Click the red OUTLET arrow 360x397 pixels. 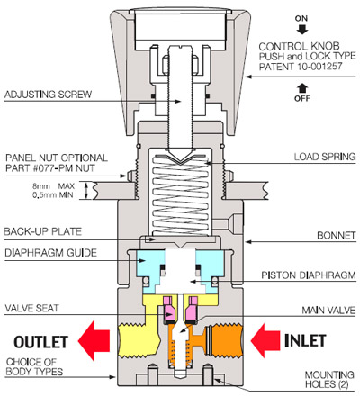coord(94,340)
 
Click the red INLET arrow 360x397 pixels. coord(265,340)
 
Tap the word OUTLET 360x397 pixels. coord(41,342)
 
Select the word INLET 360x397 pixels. coord(305,340)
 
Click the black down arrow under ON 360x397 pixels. coord(302,30)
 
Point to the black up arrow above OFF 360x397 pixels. coord(302,88)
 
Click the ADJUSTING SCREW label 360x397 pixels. coord(48,95)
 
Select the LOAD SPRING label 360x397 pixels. coord(325,157)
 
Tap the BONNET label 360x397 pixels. coord(337,236)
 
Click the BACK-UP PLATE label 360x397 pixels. coord(43,231)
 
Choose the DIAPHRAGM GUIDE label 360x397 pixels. coord(51,253)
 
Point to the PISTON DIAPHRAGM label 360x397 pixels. coord(309,275)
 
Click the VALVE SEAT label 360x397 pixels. coord(31,308)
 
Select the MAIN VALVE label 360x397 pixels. coord(328,310)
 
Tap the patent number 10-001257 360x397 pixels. coord(319,67)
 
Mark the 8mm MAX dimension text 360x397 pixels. coord(53,186)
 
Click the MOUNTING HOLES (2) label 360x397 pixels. coord(329,380)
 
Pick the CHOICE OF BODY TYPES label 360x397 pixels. coord(34,366)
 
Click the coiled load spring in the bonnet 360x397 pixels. coord(180,195)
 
